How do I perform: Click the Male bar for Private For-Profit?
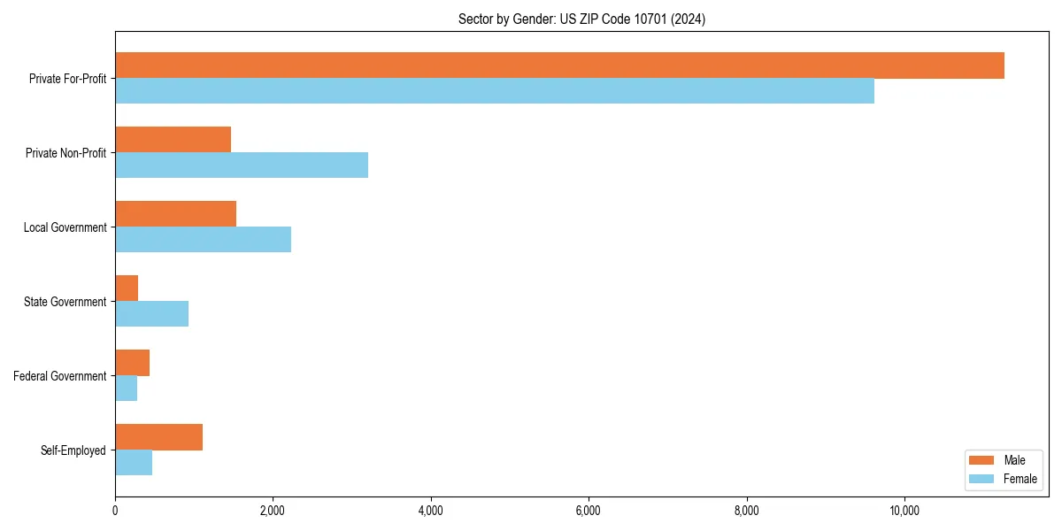[x=559, y=65]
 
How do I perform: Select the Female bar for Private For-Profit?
[x=495, y=91]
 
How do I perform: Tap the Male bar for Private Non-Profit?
[x=173, y=140]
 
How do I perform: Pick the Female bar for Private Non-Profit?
[x=242, y=165]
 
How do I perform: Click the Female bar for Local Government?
[x=203, y=240]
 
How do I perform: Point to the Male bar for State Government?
[x=127, y=289]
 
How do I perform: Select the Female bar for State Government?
[x=151, y=314]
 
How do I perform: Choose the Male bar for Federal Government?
[x=132, y=363]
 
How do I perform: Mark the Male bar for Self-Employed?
[x=158, y=437]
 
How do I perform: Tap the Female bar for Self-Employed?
[x=134, y=463]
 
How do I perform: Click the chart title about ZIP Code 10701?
[x=581, y=19]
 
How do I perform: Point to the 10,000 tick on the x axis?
[x=904, y=511]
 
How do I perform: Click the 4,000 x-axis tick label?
[x=431, y=511]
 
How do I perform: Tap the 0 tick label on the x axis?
[x=115, y=511]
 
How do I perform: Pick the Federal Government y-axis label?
[x=60, y=376]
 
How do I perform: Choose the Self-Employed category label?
[x=73, y=450]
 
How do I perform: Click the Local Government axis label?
[x=65, y=227]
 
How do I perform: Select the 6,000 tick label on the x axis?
[x=589, y=511]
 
